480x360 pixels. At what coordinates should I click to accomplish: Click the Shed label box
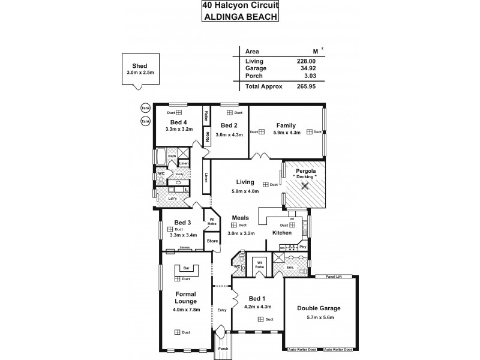point(140,69)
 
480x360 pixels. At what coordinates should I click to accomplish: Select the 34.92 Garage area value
point(306,68)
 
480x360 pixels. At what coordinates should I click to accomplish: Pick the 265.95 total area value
point(306,86)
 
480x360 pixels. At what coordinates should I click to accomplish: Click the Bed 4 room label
point(179,121)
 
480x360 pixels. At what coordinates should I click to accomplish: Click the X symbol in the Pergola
point(305,186)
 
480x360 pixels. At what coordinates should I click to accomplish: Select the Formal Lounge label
point(186,298)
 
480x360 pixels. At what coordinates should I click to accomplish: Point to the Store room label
point(212,241)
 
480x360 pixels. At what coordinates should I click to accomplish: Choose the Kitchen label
point(282,233)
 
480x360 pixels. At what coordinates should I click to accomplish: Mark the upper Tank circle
point(145,108)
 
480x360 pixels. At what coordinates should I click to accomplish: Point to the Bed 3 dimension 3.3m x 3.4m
point(182,235)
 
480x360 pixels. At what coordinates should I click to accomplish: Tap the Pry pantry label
point(302,247)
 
